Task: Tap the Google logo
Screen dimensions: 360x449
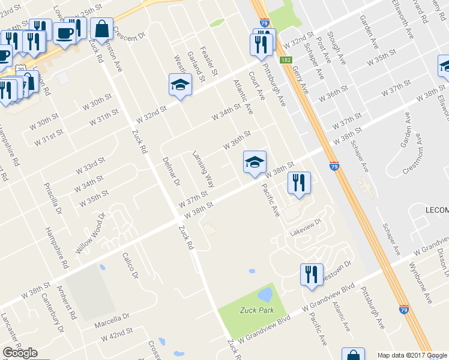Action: [20, 353]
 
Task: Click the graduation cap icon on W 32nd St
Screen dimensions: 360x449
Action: [179, 85]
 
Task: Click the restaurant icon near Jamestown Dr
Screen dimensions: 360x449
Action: [311, 274]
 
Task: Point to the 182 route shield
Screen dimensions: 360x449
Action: [286, 60]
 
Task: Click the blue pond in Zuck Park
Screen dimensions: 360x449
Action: [264, 295]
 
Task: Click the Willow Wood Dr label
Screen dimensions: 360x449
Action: [90, 234]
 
